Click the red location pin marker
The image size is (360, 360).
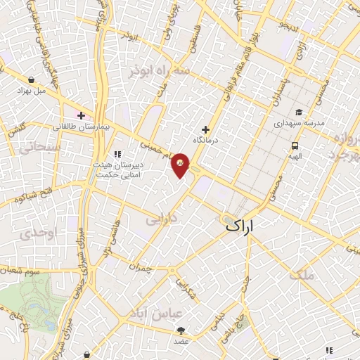[x=181, y=164]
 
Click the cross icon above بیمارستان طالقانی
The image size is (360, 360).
[x=82, y=115]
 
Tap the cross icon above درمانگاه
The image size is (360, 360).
[x=205, y=129]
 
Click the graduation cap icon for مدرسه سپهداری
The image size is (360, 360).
[x=298, y=112]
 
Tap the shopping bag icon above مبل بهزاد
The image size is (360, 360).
[x=32, y=80]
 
